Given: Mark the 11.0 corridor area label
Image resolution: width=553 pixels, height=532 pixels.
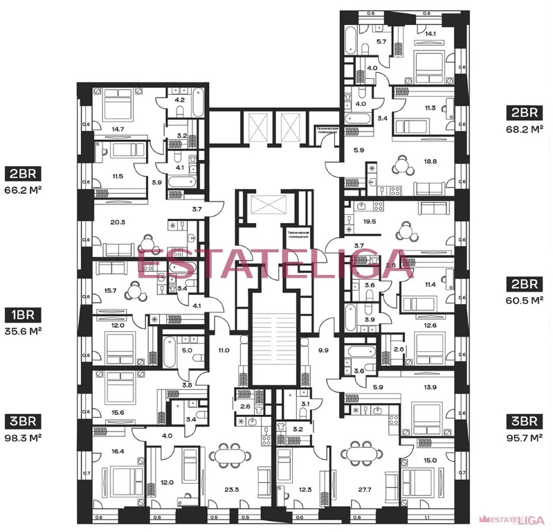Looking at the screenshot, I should (x=224, y=351).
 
